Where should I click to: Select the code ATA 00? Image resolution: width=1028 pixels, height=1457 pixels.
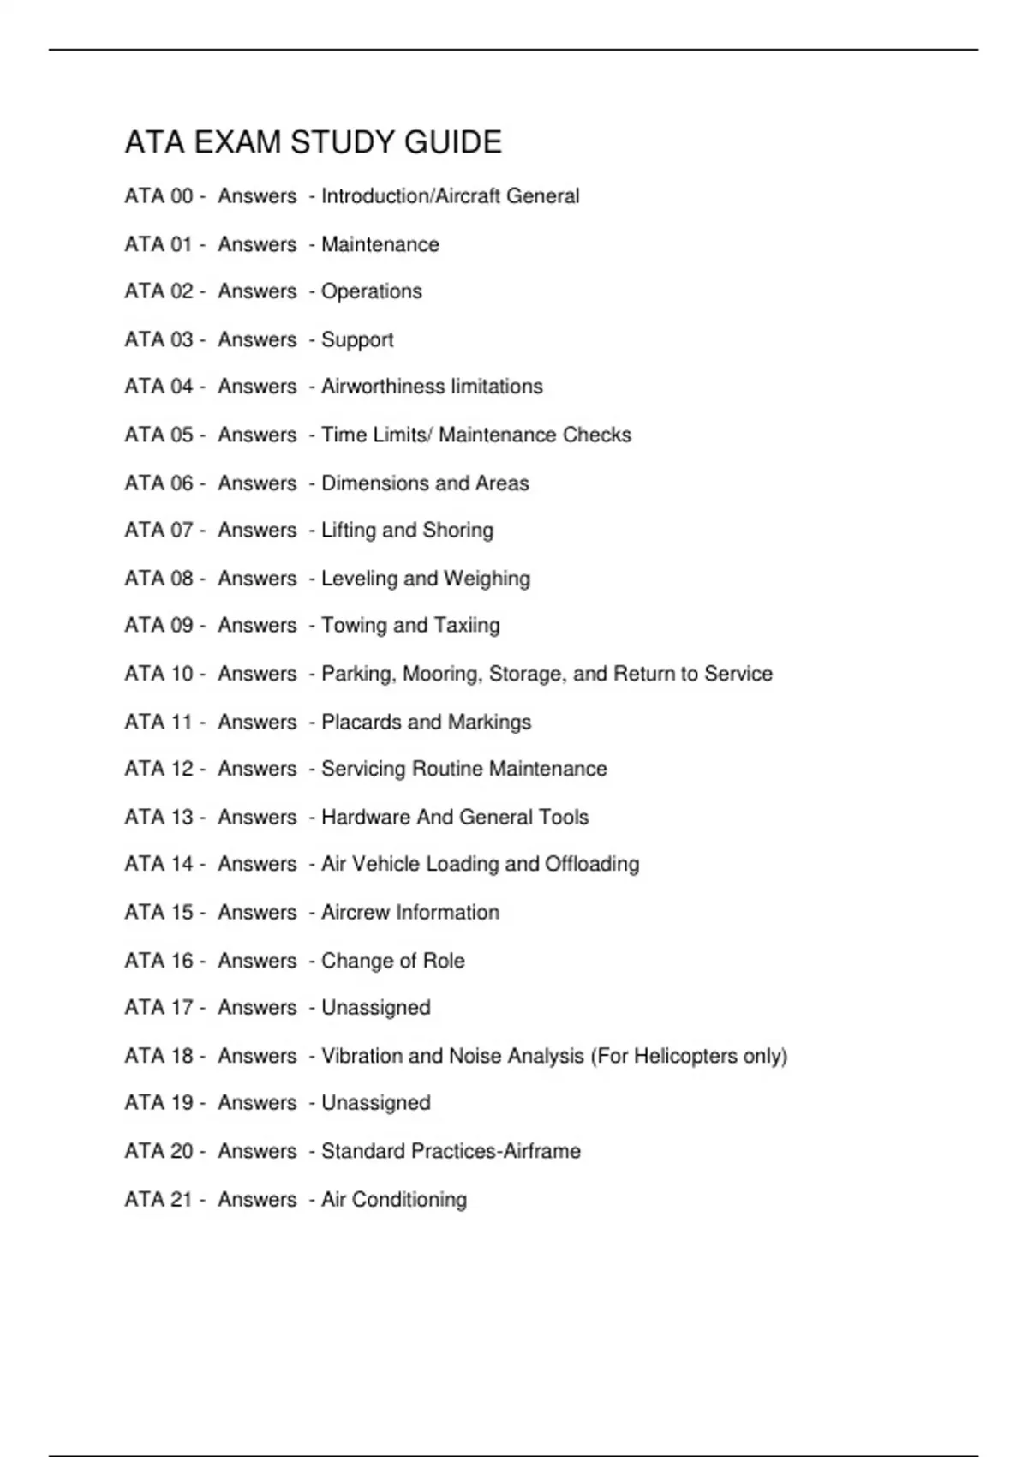tap(158, 196)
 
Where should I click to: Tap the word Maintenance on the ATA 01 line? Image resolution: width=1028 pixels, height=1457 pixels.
tap(380, 244)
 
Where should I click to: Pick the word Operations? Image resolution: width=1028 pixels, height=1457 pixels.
tap(371, 291)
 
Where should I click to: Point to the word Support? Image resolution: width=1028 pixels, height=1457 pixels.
tap(357, 340)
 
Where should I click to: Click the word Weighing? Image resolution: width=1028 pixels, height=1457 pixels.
tap(487, 579)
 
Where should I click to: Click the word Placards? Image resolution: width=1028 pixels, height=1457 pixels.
tap(361, 722)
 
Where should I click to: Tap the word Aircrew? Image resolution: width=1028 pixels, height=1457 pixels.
tap(355, 912)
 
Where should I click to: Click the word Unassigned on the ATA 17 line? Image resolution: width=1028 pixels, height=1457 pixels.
tap(375, 1008)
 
